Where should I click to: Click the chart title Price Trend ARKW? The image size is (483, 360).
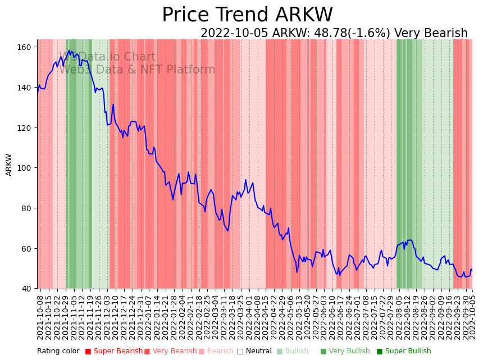[247, 15]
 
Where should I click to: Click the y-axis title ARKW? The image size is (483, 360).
[9, 165]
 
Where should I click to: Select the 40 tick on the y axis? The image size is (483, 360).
[26, 289]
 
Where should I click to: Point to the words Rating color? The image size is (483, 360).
[58, 352]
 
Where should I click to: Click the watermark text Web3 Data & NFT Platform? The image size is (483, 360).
[137, 70]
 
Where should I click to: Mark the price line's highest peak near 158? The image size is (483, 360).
[69, 51]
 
